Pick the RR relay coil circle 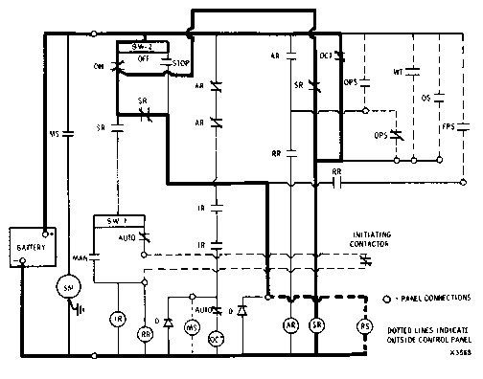(x=146, y=334)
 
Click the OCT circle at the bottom (x=217, y=338)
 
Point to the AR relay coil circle (x=288, y=326)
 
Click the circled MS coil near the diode (x=191, y=327)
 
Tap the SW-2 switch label (x=142, y=45)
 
